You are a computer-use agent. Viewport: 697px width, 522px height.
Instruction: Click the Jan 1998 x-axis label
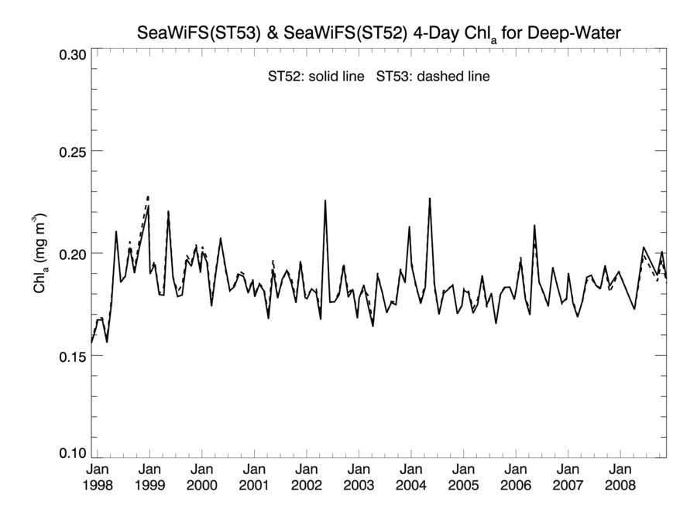[x=98, y=478]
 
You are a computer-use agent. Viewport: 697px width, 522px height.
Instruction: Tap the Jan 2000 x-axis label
[x=202, y=478]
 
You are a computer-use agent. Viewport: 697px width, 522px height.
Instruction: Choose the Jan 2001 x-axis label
[x=255, y=478]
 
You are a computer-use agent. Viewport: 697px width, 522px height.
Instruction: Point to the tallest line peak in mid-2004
[x=430, y=199]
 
